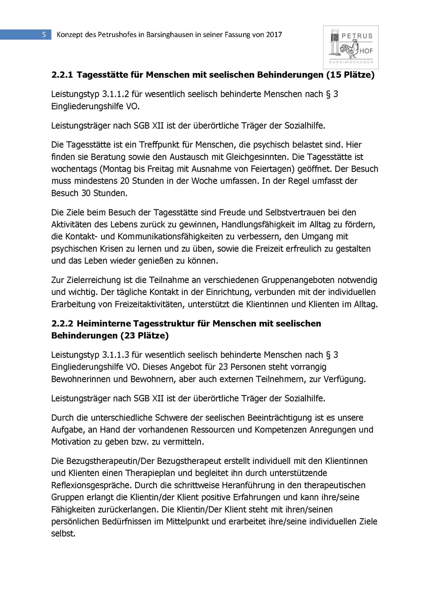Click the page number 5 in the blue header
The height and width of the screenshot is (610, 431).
[x=44, y=34]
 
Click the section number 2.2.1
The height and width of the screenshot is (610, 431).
[x=62, y=75]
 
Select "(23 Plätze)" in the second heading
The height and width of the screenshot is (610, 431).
[x=144, y=336]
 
